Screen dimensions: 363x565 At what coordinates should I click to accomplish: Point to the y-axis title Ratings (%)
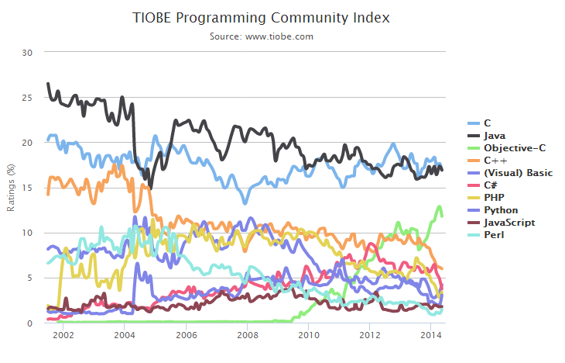(11, 187)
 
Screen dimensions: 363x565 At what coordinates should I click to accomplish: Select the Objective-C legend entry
(513, 147)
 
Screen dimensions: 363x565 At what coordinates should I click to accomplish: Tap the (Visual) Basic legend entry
(517, 172)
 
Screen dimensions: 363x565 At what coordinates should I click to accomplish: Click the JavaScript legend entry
(509, 222)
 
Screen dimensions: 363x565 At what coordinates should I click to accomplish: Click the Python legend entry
(500, 209)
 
